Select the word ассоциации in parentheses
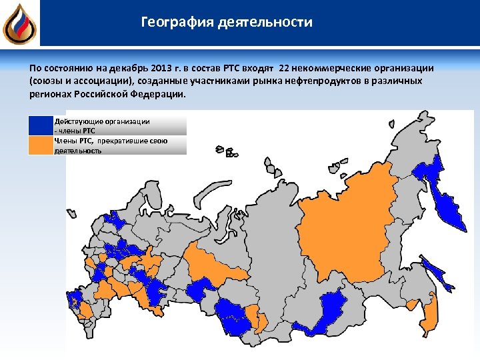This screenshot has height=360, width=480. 104,81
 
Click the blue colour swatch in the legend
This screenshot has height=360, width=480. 40,125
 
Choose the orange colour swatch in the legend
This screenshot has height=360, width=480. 40,145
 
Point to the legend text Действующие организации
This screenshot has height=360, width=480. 101,121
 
